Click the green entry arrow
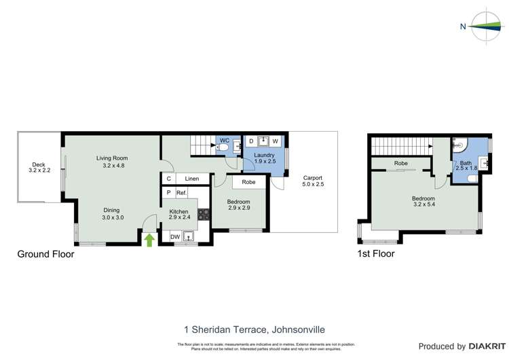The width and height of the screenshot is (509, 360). pyautogui.click(x=149, y=239)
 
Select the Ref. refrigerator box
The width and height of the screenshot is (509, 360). pyautogui.click(x=181, y=194)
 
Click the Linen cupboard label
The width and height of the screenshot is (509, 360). pyautogui.click(x=192, y=179)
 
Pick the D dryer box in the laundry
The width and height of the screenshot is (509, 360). pyautogui.click(x=251, y=142)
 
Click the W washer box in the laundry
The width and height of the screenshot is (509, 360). pyautogui.click(x=276, y=142)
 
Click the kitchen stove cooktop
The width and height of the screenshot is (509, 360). pyautogui.click(x=204, y=215)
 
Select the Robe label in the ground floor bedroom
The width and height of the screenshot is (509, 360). pyautogui.click(x=248, y=182)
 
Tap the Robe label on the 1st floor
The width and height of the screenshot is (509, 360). pyautogui.click(x=400, y=163)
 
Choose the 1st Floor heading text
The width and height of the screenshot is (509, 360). pyautogui.click(x=375, y=254)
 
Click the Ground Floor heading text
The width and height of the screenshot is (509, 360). pyautogui.click(x=45, y=254)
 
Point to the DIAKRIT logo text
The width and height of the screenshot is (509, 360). pyautogui.click(x=488, y=346)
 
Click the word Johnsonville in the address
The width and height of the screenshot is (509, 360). pyautogui.click(x=297, y=330)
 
